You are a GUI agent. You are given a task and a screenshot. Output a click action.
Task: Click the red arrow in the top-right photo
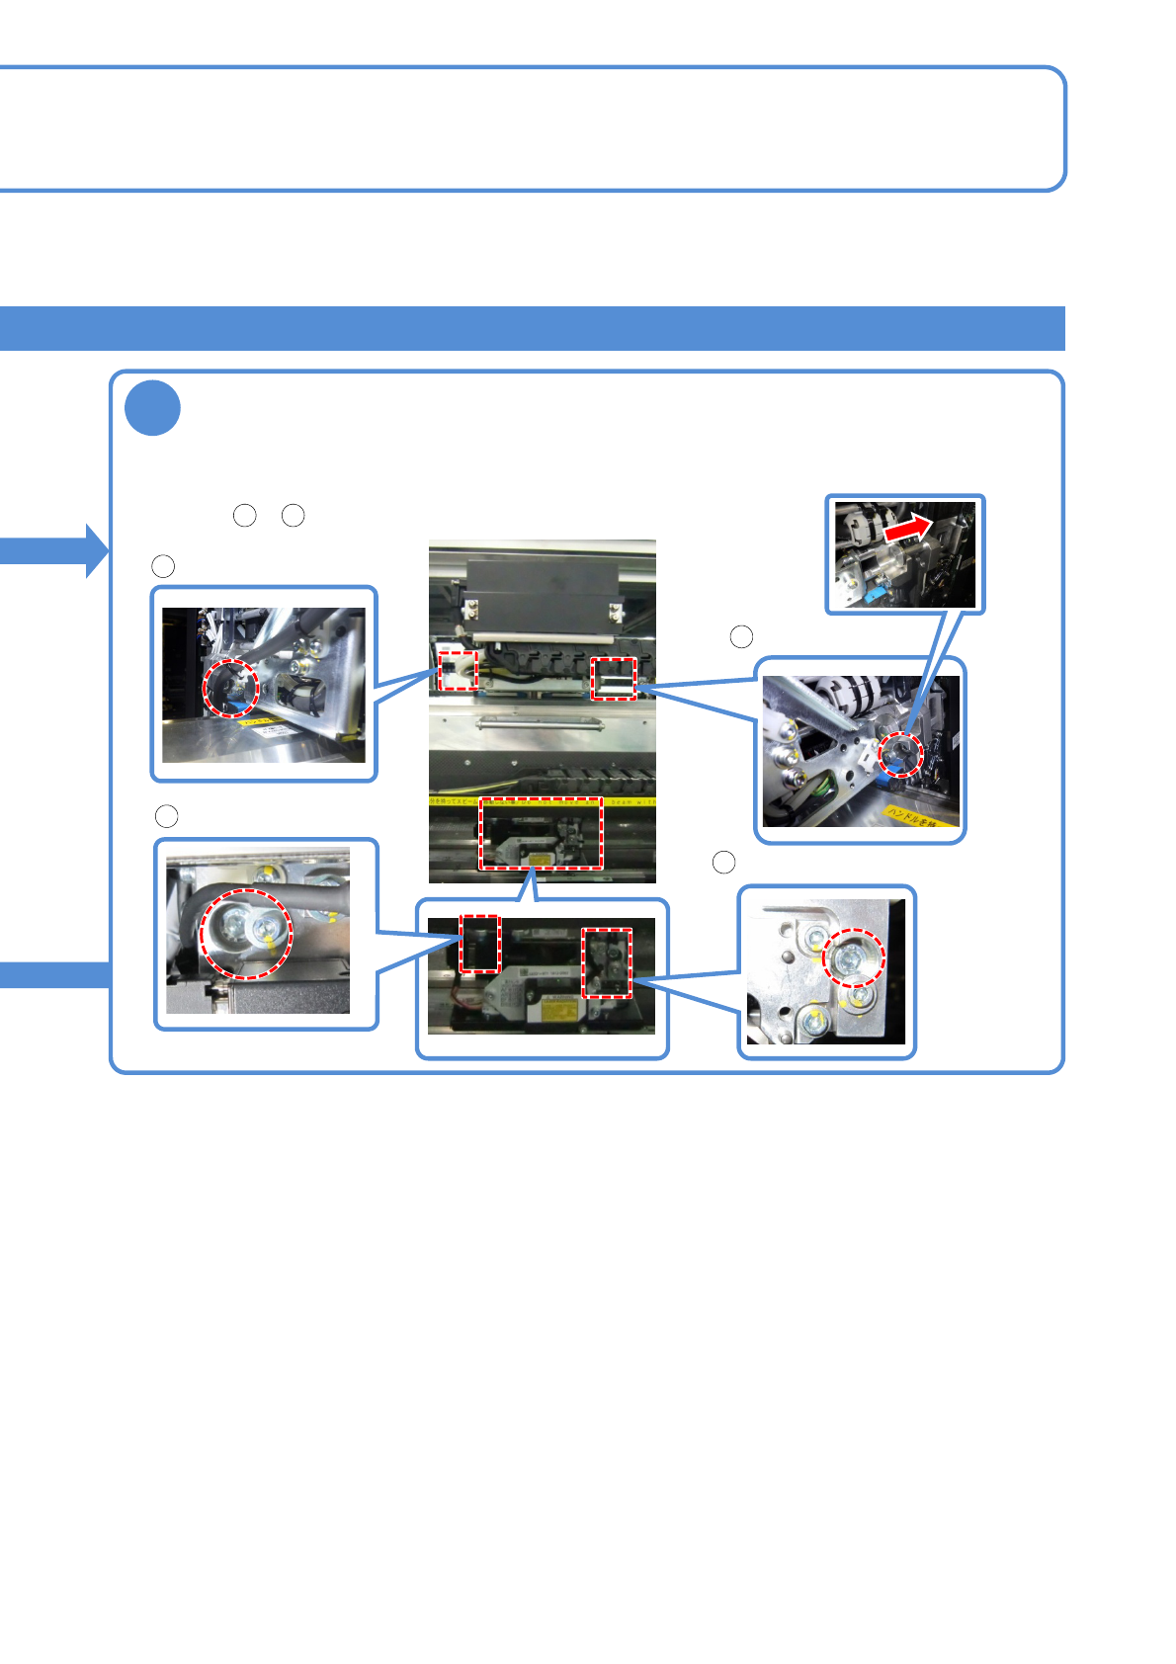pyautogui.click(x=908, y=529)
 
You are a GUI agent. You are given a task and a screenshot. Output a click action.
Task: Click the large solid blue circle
pyautogui.click(x=153, y=407)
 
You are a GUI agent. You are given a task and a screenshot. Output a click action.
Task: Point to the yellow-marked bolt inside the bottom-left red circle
pyautogui.click(x=266, y=930)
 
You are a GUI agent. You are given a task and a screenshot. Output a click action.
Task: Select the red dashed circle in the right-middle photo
pyautogui.click(x=900, y=755)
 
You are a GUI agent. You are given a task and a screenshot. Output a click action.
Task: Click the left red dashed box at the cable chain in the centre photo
pyautogui.click(x=458, y=671)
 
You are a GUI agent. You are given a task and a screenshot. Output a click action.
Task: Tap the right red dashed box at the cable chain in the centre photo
pyautogui.click(x=614, y=679)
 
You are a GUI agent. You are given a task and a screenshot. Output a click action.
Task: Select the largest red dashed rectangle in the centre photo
pyautogui.click(x=541, y=833)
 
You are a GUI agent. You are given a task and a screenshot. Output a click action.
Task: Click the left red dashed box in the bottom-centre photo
pyautogui.click(x=480, y=945)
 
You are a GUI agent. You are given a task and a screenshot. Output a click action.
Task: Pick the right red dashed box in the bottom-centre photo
pyautogui.click(x=606, y=962)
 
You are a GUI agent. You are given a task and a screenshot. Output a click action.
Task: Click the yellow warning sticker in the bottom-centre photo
pyautogui.click(x=551, y=1011)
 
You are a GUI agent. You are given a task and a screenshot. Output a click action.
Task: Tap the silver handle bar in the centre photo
pyautogui.click(x=540, y=725)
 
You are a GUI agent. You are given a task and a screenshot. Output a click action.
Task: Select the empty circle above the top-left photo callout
pyautogui.click(x=163, y=565)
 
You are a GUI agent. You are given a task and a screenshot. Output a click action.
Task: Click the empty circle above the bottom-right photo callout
pyautogui.click(x=723, y=862)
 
